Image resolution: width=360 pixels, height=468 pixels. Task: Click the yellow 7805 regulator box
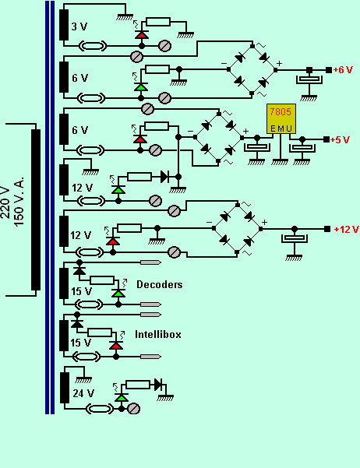click(281, 119)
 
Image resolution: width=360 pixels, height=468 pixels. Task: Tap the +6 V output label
click(343, 70)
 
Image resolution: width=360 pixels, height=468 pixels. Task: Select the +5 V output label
click(340, 139)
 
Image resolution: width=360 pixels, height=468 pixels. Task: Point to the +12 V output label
click(346, 229)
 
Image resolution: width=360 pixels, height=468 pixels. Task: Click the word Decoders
click(160, 284)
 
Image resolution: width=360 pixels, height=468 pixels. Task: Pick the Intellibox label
click(158, 334)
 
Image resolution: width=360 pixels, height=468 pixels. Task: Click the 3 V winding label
click(79, 26)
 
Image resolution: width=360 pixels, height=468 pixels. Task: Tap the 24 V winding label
click(83, 393)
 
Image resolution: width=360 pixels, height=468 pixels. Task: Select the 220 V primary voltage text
click(6, 202)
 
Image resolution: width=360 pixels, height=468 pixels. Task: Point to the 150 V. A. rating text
click(19, 202)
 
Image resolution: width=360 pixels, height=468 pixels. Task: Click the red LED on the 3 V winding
click(142, 35)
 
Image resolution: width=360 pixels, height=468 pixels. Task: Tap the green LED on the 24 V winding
click(122, 398)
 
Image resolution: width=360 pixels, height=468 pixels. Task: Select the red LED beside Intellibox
click(116, 346)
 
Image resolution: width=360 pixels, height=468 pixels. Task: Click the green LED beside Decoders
click(118, 294)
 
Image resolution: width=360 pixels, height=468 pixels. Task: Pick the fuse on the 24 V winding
click(100, 409)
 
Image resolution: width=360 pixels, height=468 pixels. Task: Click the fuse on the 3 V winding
click(93, 46)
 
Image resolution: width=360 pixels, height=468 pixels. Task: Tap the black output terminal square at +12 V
click(327, 229)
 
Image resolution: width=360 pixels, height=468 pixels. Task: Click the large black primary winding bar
click(36, 209)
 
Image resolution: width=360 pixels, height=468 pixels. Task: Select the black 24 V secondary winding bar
click(65, 388)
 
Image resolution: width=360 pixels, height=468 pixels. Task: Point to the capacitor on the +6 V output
click(309, 79)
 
